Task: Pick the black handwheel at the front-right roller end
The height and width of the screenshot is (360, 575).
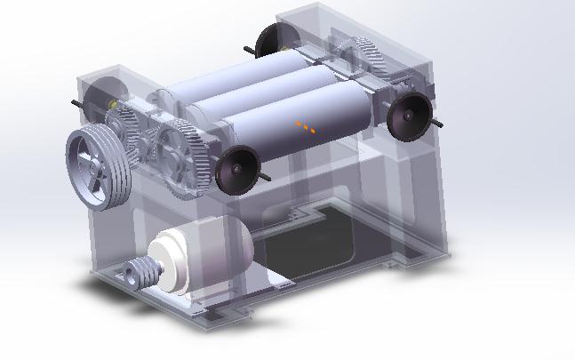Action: (409, 116)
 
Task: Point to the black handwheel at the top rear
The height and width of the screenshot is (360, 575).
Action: (270, 39)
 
